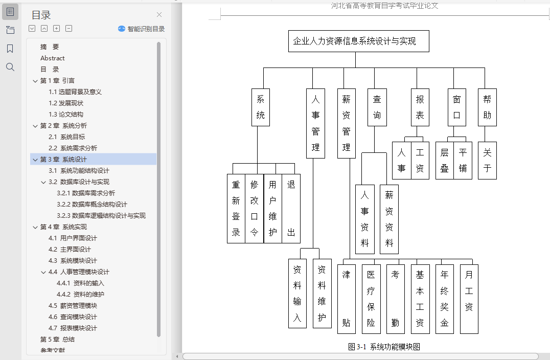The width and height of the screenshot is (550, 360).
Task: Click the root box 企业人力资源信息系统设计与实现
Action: (358, 41)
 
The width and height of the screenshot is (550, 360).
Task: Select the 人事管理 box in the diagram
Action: (315, 123)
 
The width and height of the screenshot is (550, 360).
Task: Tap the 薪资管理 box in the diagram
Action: (346, 123)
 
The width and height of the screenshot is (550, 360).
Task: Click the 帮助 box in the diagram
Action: (487, 107)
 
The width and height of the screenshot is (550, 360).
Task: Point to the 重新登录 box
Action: (236, 208)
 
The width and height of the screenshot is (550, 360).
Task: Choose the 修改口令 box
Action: (254, 208)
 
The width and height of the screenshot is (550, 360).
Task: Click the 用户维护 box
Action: (273, 208)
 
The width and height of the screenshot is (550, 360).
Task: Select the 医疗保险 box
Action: (371, 299)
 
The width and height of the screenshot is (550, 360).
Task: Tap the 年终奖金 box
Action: (444, 299)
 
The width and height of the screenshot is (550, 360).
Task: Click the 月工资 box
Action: (469, 299)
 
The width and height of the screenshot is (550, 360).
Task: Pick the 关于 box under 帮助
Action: (487, 160)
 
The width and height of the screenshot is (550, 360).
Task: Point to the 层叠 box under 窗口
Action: (444, 160)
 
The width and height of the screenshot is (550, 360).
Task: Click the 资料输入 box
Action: (297, 294)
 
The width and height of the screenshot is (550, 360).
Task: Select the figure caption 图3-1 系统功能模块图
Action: (384, 347)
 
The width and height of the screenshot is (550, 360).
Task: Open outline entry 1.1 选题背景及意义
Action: (75, 92)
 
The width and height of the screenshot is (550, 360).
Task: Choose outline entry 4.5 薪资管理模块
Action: (73, 306)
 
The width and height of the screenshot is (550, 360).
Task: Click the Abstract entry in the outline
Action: (53, 58)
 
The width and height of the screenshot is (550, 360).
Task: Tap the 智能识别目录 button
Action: (142, 29)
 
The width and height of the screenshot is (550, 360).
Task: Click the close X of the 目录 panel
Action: (159, 15)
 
